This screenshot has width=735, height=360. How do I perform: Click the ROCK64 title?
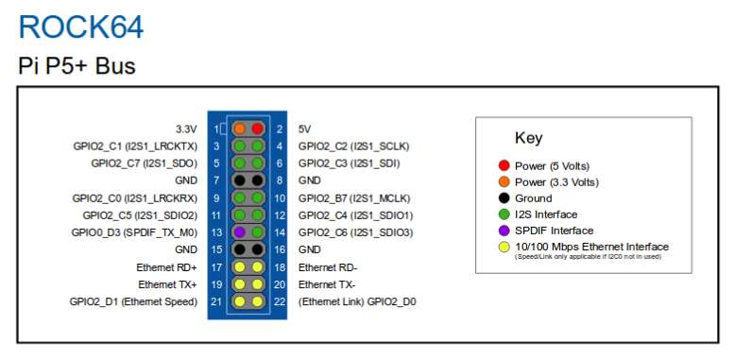pos(81,27)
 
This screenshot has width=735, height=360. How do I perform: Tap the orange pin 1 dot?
pos(240,129)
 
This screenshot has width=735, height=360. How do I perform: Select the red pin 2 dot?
pos(257,129)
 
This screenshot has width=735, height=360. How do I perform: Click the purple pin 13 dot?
pos(240,232)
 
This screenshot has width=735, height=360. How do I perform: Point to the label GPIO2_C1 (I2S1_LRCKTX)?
pos(135,146)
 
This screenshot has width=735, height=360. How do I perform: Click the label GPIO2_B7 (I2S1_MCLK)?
pos(354,198)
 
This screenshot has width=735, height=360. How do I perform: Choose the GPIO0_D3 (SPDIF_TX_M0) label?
pos(134,232)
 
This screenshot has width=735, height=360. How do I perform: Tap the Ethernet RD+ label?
pos(167,267)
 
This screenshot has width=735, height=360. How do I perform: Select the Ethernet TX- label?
pos(327,284)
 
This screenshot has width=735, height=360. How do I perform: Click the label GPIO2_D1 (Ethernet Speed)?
pos(133,301)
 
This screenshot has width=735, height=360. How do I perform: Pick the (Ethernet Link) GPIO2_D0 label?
pos(357,301)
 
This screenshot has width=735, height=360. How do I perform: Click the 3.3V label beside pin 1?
pos(186,129)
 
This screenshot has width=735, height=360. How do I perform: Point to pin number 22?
pos(280,301)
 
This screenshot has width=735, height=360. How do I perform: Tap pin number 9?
pos(216,198)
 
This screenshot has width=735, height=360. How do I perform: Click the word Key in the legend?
pos(529,138)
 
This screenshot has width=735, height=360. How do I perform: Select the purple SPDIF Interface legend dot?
pos(504,231)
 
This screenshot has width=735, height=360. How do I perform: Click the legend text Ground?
pos(534,198)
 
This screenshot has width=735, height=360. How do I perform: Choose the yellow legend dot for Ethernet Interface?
pos(504,247)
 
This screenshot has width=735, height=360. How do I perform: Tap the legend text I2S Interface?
pos(546,214)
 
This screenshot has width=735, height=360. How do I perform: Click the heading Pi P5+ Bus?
pos(77,65)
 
